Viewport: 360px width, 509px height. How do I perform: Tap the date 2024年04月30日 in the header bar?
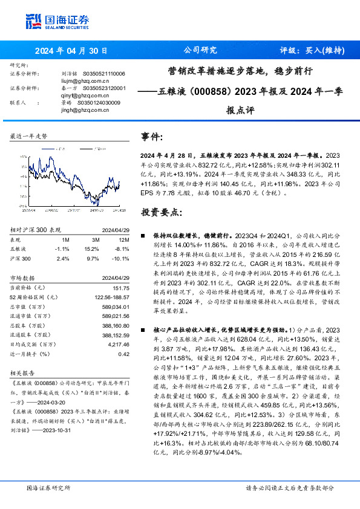point(71,51)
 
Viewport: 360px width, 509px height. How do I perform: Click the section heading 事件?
point(151,137)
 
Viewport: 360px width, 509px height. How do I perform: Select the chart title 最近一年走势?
point(28,137)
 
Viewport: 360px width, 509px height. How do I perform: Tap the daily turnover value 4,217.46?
point(117,345)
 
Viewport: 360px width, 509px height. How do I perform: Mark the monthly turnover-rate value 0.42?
point(123,354)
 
